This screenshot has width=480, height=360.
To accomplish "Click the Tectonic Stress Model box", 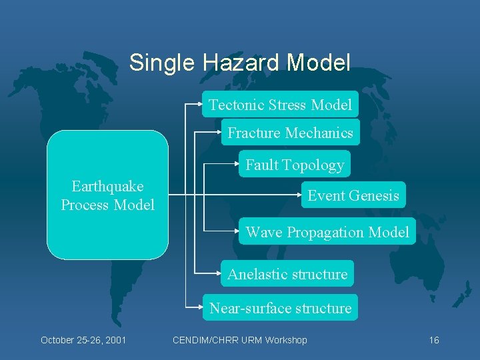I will (280, 105).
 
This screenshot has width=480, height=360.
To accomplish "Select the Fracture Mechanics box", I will (290, 133).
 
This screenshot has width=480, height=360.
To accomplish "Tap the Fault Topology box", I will (294, 165).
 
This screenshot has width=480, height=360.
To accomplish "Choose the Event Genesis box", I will (353, 195).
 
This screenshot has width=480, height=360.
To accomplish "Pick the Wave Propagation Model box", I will (327, 232).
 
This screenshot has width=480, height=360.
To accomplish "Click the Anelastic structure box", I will (287, 274).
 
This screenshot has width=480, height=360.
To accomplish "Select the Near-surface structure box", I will (280, 308).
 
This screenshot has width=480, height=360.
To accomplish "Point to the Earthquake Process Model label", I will (107, 195).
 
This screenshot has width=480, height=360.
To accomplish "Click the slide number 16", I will (433, 340).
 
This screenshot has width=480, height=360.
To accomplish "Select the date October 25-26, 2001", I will (83, 340).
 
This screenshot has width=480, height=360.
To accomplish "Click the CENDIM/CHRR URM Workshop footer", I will (239, 340).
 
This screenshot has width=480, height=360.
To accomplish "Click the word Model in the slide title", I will (319, 63).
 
